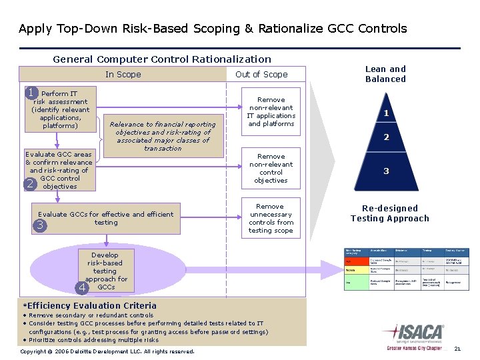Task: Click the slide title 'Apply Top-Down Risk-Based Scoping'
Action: click(213, 29)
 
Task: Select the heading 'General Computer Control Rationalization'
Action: click(162, 59)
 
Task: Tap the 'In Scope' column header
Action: click(123, 75)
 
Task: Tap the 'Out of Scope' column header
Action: click(261, 75)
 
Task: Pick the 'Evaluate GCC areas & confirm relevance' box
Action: click(59, 170)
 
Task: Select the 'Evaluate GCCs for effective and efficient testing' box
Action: click(106, 219)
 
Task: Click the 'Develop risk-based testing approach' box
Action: click(105, 271)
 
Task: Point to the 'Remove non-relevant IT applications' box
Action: click(271, 111)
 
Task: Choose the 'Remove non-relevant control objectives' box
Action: click(271, 168)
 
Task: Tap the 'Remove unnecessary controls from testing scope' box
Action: click(271, 219)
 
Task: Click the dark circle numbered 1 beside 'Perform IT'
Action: click(31, 93)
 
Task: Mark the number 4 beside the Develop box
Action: click(81, 287)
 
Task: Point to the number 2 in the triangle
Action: click(386, 138)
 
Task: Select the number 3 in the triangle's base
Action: click(386, 171)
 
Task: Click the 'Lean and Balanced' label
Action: click(385, 74)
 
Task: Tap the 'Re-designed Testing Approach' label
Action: click(390, 213)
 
